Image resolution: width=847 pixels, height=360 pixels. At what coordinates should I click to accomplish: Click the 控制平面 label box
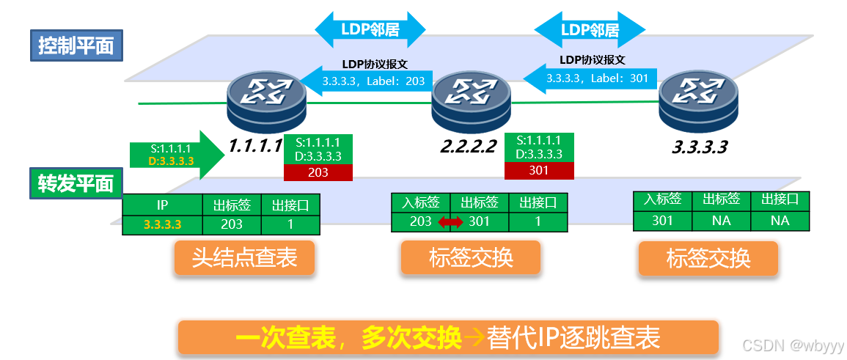click(x=76, y=47)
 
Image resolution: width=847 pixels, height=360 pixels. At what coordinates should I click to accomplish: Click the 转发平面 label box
click(x=76, y=183)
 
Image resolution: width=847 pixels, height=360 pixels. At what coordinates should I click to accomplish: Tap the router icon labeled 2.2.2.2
click(x=470, y=98)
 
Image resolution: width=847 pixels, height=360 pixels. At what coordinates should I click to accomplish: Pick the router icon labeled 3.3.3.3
click(x=697, y=99)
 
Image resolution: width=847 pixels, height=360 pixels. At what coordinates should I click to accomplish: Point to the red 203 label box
click(x=318, y=172)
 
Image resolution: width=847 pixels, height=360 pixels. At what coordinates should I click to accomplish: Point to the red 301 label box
click(x=539, y=170)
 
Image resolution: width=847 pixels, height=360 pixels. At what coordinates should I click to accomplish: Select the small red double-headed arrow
click(x=451, y=221)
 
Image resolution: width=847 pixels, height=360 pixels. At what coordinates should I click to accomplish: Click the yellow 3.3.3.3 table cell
click(x=163, y=224)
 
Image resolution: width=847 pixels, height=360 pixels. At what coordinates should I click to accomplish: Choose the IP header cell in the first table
click(x=163, y=205)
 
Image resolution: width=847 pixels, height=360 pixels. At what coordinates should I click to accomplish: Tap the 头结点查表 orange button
click(x=244, y=258)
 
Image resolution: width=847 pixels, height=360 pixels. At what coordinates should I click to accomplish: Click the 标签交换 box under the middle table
click(x=470, y=258)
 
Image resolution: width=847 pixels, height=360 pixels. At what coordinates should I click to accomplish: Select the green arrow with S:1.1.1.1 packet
click(x=175, y=155)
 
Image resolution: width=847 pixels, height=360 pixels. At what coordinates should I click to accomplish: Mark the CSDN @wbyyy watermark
click(x=793, y=345)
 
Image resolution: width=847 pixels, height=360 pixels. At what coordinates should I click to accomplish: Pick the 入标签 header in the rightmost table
click(x=662, y=199)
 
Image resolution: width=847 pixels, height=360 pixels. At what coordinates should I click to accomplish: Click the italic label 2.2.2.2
click(x=469, y=147)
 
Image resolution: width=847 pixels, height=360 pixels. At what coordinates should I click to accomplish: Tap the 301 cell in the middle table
click(x=480, y=221)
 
